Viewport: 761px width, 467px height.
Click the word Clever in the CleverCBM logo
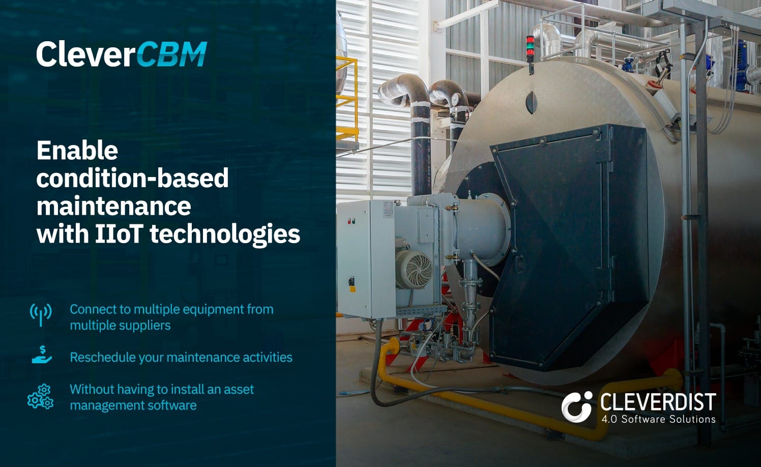86,54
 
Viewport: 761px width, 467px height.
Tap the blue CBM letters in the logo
172,54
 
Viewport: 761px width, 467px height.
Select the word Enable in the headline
77,151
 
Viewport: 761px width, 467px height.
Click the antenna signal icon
41,315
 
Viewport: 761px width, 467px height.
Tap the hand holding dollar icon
42,355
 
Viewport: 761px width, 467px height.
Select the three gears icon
41,396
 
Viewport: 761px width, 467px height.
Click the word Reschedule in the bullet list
103,357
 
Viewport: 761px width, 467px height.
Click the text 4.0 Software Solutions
658,419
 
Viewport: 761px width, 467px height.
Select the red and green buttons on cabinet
352,221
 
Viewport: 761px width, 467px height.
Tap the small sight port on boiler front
531,102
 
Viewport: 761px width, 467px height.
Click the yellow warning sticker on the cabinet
353,289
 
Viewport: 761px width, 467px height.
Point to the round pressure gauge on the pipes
455,99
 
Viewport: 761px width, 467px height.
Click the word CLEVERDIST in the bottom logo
658,402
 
